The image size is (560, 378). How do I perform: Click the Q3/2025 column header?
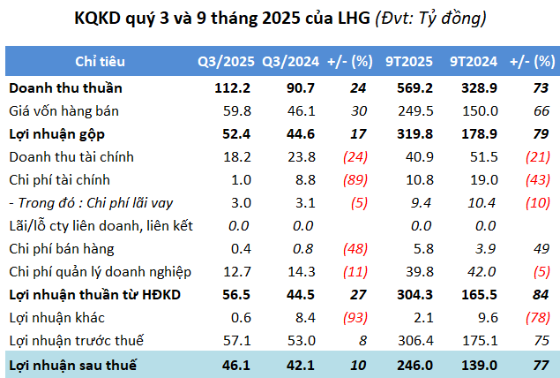click(227, 62)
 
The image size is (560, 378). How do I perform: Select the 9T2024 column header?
click(470, 62)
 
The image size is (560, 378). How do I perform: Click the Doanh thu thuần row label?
click(66, 88)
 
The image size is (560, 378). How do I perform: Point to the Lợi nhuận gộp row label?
click(60, 134)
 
